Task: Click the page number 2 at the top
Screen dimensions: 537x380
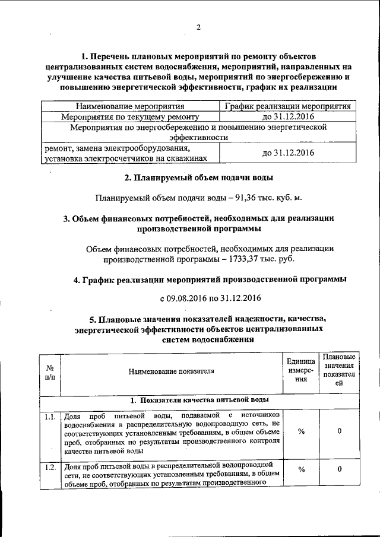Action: (x=199, y=27)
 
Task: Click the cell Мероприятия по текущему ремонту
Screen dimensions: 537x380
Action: (x=130, y=117)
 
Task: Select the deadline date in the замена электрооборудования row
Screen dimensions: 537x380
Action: (x=288, y=153)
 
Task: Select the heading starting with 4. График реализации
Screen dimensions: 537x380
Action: (x=210, y=279)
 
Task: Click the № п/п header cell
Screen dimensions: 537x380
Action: (x=50, y=372)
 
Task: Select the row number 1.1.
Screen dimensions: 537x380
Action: (x=50, y=417)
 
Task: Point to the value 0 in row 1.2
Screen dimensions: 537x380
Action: (x=339, y=469)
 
